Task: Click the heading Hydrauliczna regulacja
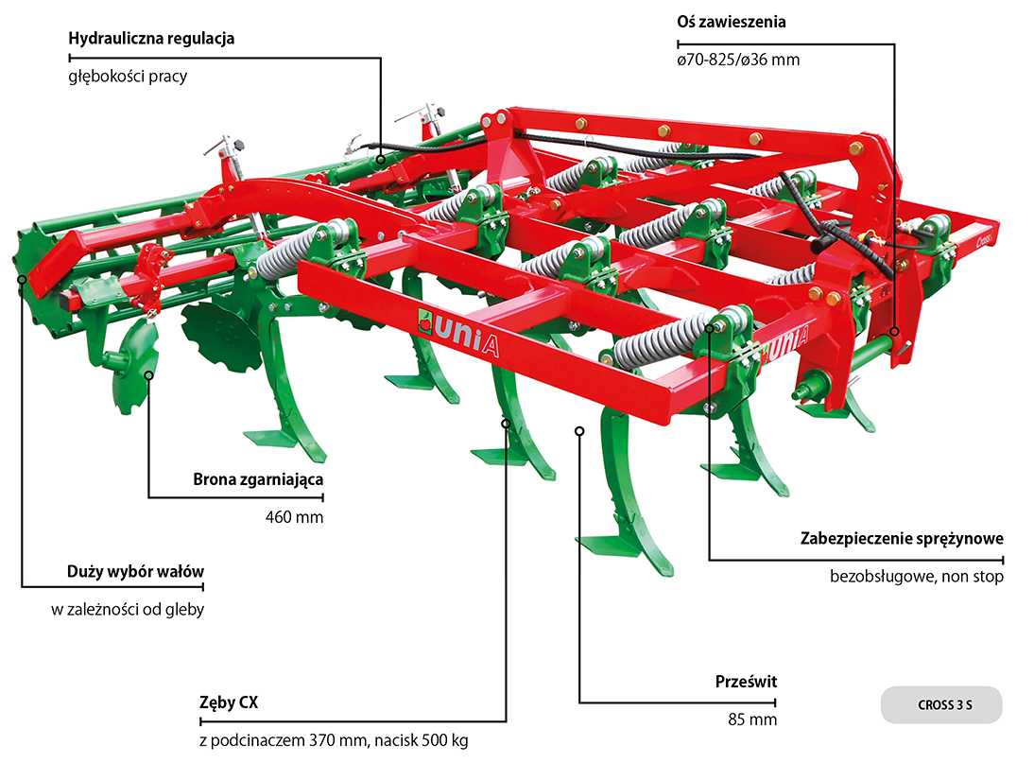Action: tap(151, 39)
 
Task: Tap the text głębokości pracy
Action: tap(128, 77)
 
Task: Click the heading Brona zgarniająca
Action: tap(258, 479)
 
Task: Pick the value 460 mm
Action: tap(294, 517)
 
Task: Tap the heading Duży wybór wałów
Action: tap(135, 572)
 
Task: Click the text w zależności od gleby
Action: tap(128, 610)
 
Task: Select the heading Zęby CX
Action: tap(229, 703)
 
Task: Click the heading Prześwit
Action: tap(746, 682)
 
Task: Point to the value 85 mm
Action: tap(752, 720)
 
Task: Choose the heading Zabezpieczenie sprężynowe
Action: tap(902, 539)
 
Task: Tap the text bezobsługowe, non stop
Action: tap(917, 576)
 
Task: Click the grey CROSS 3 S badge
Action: tap(940, 705)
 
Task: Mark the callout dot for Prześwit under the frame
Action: tap(578, 431)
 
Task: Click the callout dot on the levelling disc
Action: tap(148, 375)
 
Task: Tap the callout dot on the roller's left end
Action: tap(22, 280)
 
